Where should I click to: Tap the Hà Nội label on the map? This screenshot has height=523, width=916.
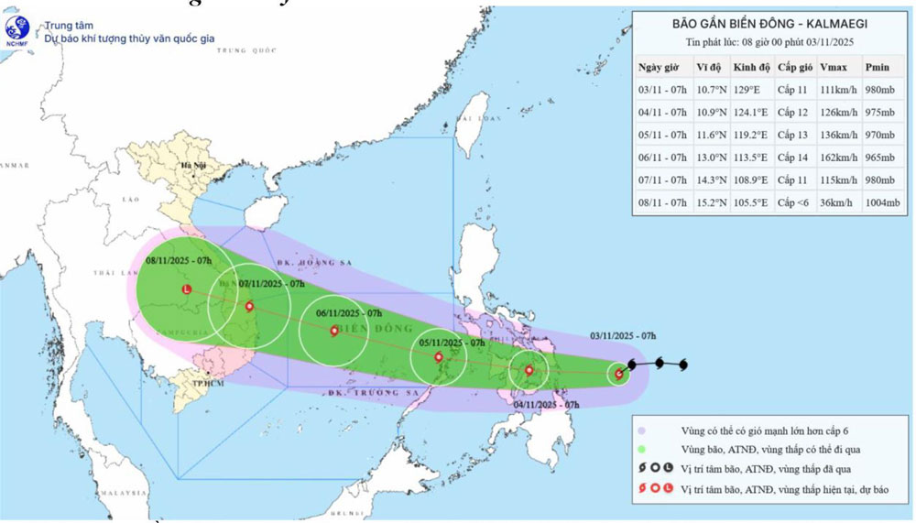click(193, 166)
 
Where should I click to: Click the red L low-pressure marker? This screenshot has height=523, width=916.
click(187, 289)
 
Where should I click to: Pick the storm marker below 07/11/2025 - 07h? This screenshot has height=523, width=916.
click(248, 307)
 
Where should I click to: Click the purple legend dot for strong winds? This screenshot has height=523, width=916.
click(642, 429)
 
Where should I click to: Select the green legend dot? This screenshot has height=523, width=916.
click(642, 449)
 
